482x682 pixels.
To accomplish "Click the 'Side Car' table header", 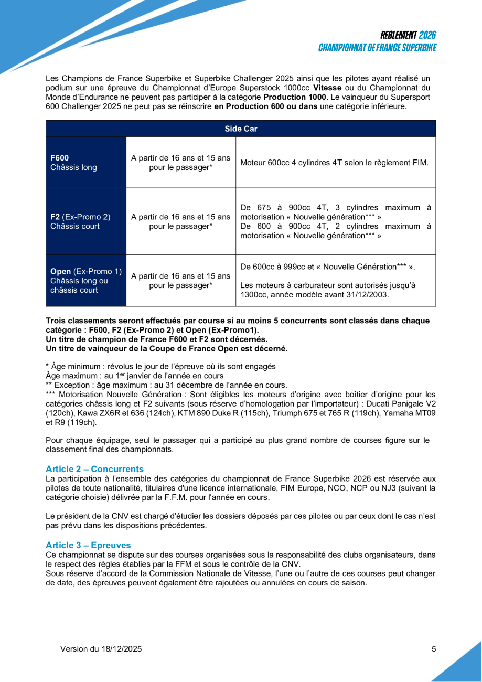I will pyautogui.click(x=241, y=129).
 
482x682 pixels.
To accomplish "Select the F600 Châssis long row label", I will pyautogui.click(x=73, y=163).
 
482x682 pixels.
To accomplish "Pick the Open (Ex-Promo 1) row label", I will pyautogui.click(x=85, y=281).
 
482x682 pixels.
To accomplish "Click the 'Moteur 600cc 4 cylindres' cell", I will pyautogui.click(x=334, y=163).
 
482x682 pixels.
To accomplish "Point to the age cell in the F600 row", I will pyautogui.click(x=180, y=163).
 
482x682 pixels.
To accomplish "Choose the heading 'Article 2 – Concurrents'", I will pyautogui.click(x=94, y=469).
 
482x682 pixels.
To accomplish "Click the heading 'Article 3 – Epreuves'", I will pyautogui.click(x=88, y=546).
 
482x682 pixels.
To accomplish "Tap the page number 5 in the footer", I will pyautogui.click(x=434, y=649).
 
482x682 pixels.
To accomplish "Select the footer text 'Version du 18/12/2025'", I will pyautogui.click(x=101, y=649).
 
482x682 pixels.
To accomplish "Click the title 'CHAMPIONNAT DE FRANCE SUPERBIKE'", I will pyautogui.click(x=377, y=48).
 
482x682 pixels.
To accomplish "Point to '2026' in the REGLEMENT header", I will pyautogui.click(x=427, y=35).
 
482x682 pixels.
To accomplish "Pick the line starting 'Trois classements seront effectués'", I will pyautogui.click(x=238, y=321).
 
